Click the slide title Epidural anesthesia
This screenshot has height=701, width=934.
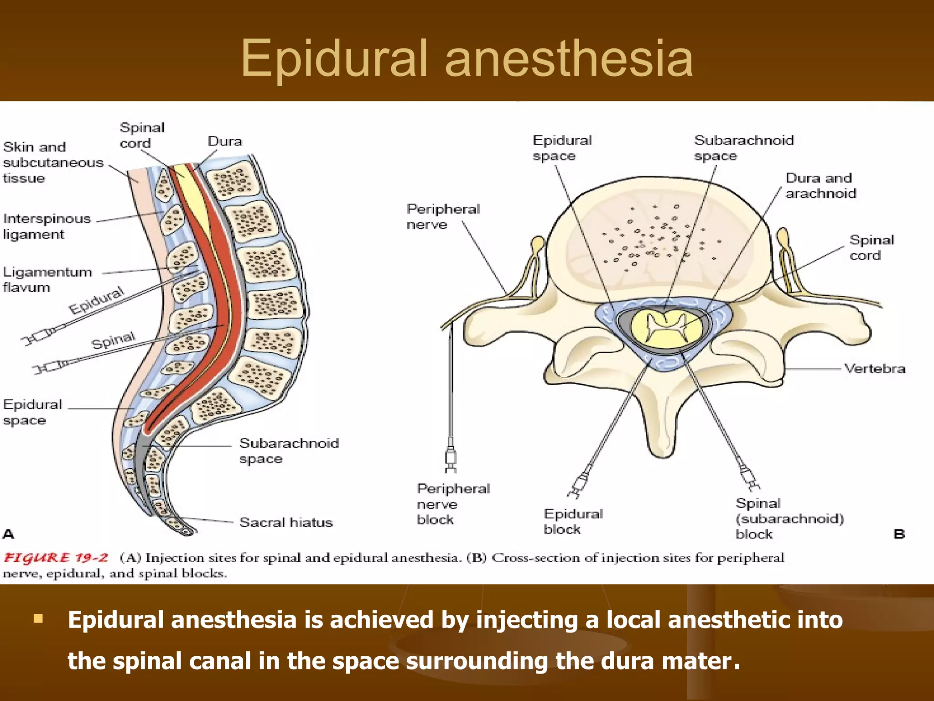467,58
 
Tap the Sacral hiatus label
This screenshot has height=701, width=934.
286,522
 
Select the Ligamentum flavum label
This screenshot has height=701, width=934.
47,279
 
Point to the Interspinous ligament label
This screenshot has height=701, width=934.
47,226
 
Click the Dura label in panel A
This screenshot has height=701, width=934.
225,141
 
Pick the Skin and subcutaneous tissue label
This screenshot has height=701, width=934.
53,162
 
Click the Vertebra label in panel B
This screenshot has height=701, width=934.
874,369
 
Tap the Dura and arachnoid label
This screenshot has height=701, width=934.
820,186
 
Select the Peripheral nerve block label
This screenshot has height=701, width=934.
453,504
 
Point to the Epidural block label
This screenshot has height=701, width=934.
573,522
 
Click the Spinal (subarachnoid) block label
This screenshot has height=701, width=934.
789,518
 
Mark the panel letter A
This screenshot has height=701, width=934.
9,534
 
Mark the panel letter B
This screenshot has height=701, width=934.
899,534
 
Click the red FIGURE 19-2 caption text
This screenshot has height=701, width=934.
56,558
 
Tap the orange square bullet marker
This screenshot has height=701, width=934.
38,619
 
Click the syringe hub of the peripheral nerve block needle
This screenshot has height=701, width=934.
451,457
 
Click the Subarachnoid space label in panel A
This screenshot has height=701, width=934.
289,451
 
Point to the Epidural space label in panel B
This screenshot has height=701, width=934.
562,148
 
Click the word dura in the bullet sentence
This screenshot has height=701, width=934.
628,661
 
